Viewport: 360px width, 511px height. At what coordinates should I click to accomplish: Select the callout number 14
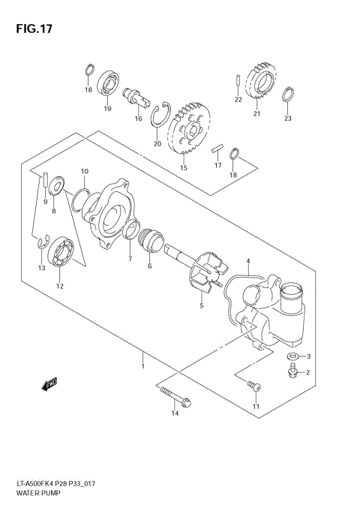[x=175, y=413]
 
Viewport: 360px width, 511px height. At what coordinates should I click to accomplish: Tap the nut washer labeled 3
[x=294, y=356]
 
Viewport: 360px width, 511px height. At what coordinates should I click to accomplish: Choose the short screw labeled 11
[x=253, y=386]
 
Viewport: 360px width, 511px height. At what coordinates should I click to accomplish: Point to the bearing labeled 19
[x=107, y=84]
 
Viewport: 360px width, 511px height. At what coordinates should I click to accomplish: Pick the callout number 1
[x=142, y=365]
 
